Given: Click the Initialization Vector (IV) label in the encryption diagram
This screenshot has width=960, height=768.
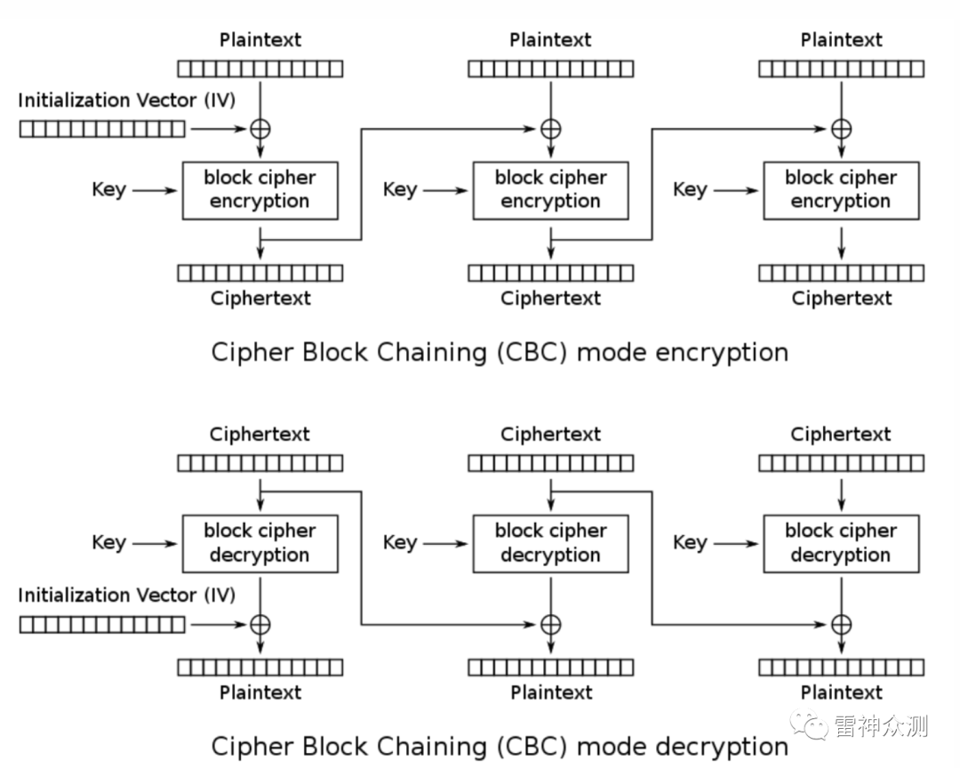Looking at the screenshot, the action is (127, 100).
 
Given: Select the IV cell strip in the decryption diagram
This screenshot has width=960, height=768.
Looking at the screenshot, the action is (102, 625).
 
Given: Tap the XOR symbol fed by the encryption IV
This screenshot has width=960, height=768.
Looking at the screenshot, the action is (260, 129).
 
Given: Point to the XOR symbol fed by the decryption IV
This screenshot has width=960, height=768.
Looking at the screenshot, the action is (260, 625).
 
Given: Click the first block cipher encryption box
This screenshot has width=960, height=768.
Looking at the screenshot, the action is (260, 190).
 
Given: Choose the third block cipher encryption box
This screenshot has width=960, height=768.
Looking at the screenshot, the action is (841, 190).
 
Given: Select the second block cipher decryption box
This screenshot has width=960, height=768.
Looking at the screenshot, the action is (551, 544).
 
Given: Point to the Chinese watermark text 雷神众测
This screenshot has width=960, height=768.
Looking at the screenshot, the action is (880, 726).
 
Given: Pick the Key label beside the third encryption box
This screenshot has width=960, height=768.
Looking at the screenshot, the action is (690, 190).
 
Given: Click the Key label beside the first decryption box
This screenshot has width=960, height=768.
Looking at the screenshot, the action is (109, 543).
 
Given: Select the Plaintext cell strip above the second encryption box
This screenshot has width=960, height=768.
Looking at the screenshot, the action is (551, 68).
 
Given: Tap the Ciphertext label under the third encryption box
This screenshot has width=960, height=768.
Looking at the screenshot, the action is (841, 299).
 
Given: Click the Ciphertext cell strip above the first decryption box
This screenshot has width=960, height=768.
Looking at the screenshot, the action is (260, 463).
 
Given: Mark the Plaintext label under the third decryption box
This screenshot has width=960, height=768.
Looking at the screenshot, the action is (841, 692).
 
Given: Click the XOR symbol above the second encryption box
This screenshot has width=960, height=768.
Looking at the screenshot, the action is (551, 129).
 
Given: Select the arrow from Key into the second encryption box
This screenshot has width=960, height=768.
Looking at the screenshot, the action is (445, 190).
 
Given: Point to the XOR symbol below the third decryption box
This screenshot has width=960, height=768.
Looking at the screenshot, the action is (841, 625).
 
